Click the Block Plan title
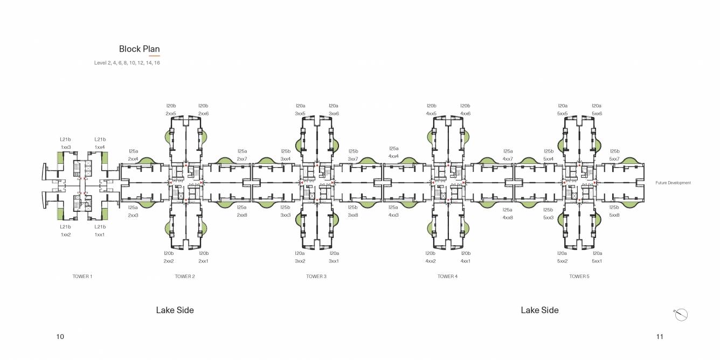pyautogui.click(x=139, y=49)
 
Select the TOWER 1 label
pyautogui.click(x=82, y=276)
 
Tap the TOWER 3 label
pyautogui.click(x=316, y=276)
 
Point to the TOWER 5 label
pyautogui.click(x=579, y=276)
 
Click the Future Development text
pyautogui.click(x=673, y=183)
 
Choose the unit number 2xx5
pyautogui.click(x=171, y=114)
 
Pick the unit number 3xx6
pyautogui.click(x=334, y=114)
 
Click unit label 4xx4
pyautogui.click(x=394, y=156)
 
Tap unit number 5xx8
pyautogui.click(x=614, y=215)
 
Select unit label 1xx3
pyautogui.click(x=66, y=147)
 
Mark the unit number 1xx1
pyautogui.click(x=100, y=234)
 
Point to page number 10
pyautogui.click(x=60, y=337)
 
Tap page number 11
pyautogui.click(x=660, y=337)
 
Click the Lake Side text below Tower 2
pyautogui.click(x=175, y=310)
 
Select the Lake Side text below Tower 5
pyautogui.click(x=539, y=310)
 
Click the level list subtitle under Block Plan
pyautogui.click(x=127, y=63)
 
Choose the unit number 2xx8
pyautogui.click(x=241, y=215)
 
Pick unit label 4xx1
pyautogui.click(x=465, y=261)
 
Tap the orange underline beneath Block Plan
pyautogui.click(x=154, y=56)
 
